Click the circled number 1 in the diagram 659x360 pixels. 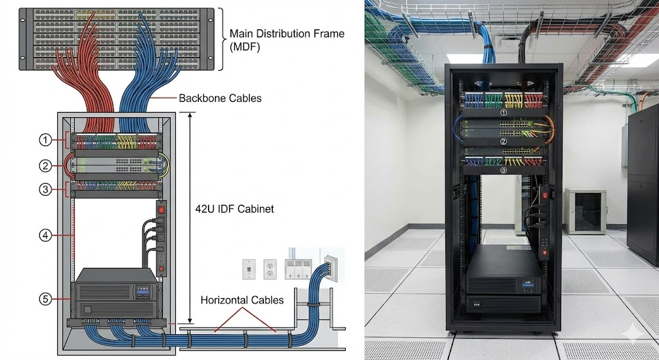click(x=44, y=139)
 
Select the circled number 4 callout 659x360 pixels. click(x=44, y=236)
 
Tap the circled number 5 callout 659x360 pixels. click(x=44, y=299)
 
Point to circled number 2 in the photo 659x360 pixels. click(x=503, y=140)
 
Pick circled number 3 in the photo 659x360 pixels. click(x=504, y=171)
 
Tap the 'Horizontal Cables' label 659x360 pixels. click(x=242, y=300)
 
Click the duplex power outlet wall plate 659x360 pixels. click(x=270, y=269)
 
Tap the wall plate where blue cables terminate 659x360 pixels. click(x=331, y=264)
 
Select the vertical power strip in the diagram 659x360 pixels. click(x=162, y=237)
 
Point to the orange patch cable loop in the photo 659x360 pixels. click(x=548, y=128)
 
